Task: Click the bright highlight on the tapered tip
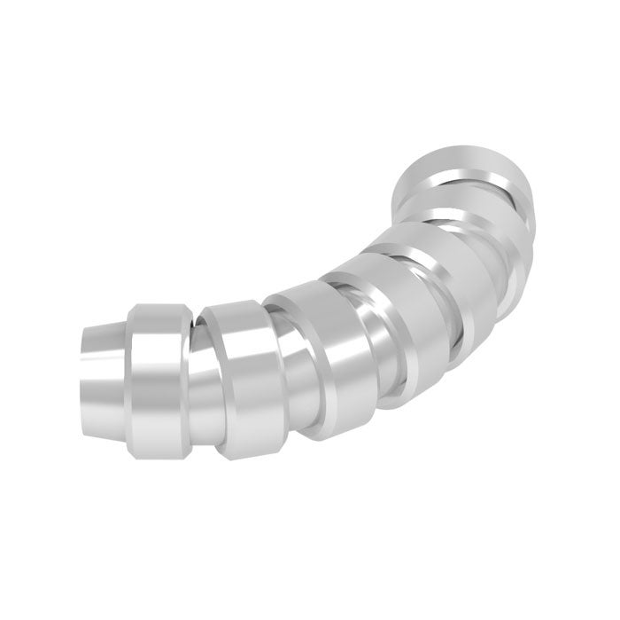click(102, 355)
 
